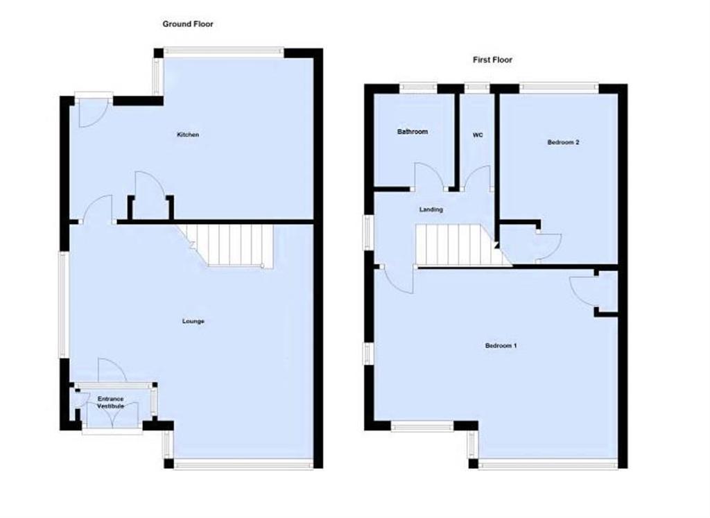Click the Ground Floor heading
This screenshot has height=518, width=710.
(x=188, y=24)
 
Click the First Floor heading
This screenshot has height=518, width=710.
(x=492, y=60)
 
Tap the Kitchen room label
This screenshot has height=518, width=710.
(x=188, y=135)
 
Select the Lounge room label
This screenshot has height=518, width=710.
(x=193, y=321)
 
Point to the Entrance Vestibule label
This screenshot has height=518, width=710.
(x=111, y=402)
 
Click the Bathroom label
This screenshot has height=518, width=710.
(x=413, y=132)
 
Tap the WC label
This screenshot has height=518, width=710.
(x=478, y=135)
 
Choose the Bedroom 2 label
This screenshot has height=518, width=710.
(x=563, y=142)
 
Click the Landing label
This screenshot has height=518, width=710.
(x=431, y=209)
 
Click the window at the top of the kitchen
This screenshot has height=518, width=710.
(x=224, y=51)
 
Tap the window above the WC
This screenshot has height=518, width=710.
(x=477, y=87)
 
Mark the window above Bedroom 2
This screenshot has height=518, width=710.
(x=559, y=87)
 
